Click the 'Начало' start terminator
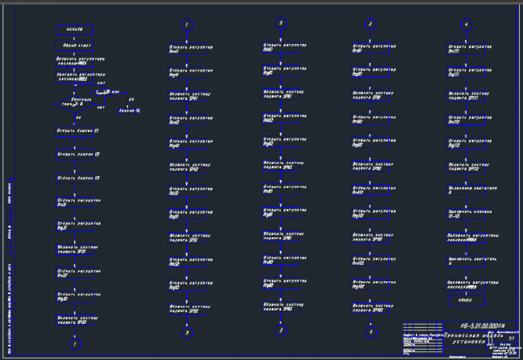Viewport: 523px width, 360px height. [x=75, y=29]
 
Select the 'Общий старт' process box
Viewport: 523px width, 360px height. [x=75, y=45]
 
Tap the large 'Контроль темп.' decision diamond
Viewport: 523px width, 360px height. [x=75, y=103]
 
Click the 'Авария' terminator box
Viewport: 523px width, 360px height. [x=129, y=111]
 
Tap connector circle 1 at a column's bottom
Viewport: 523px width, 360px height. [x=75, y=343]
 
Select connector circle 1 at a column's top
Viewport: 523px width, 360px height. [x=187, y=24]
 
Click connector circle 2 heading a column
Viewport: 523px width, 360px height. [x=280, y=23]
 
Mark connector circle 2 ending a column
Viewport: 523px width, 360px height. [x=187, y=332]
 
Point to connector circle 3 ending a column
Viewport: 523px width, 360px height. [x=280, y=330]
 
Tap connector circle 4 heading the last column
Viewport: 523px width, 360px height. [x=466, y=24]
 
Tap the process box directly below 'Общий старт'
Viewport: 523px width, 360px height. [x=75, y=60]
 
